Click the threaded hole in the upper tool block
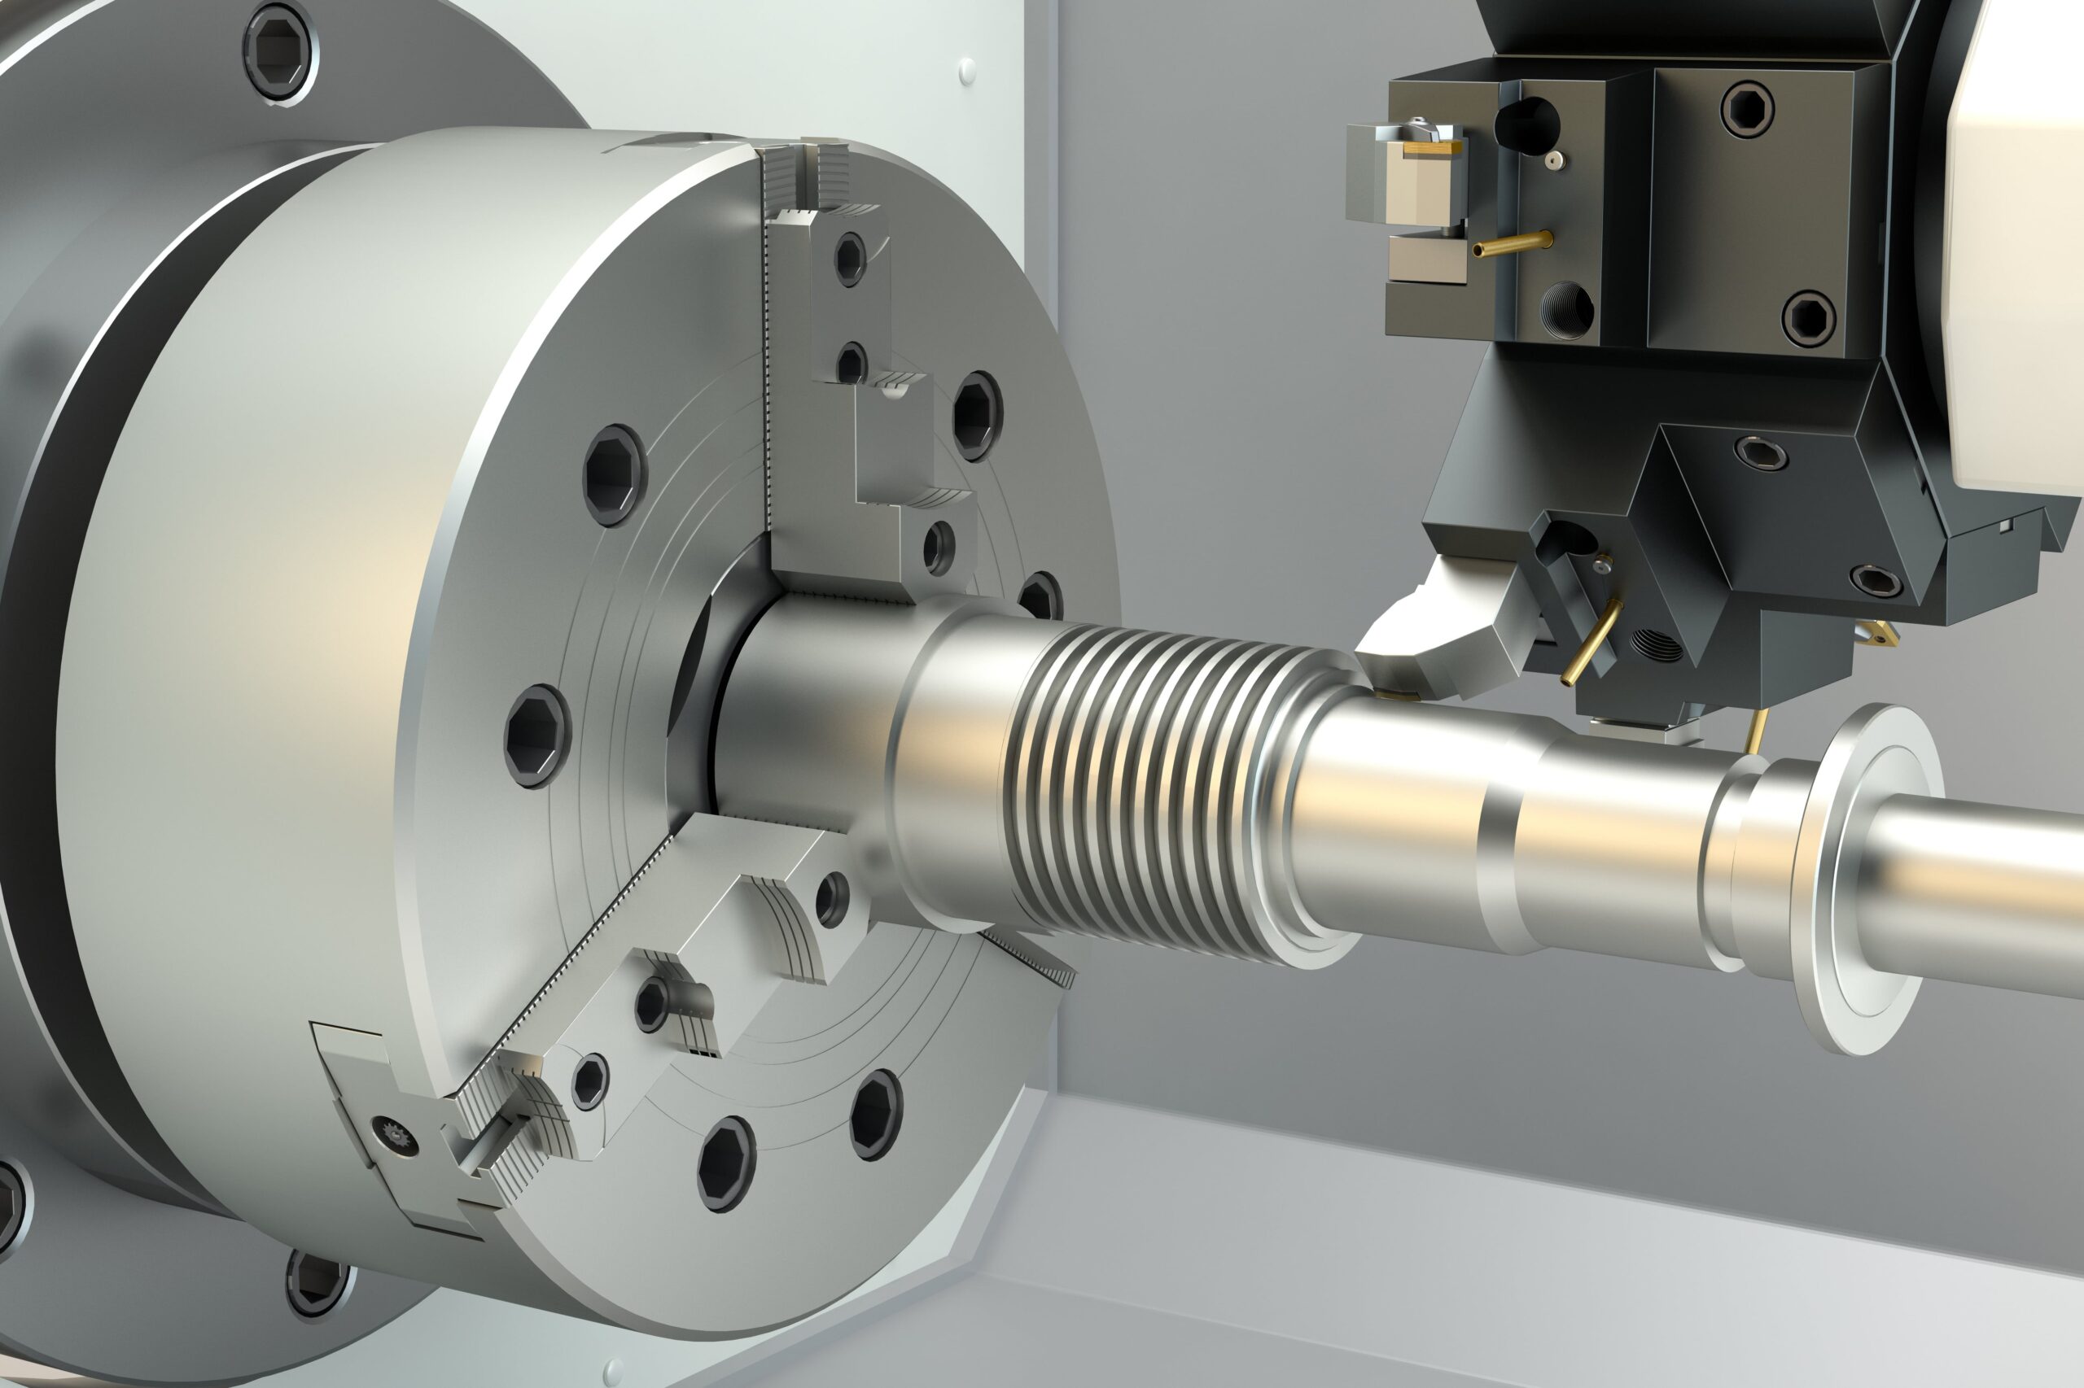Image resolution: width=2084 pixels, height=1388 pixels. click(x=1567, y=311)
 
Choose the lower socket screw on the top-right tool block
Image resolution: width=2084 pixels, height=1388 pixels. click(x=1808, y=318)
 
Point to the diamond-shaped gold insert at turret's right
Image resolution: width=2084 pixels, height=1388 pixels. click(x=1876, y=633)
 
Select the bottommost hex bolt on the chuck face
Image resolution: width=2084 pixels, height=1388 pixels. click(x=726, y=1163)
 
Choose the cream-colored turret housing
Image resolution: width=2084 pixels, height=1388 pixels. click(x=2020, y=239)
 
